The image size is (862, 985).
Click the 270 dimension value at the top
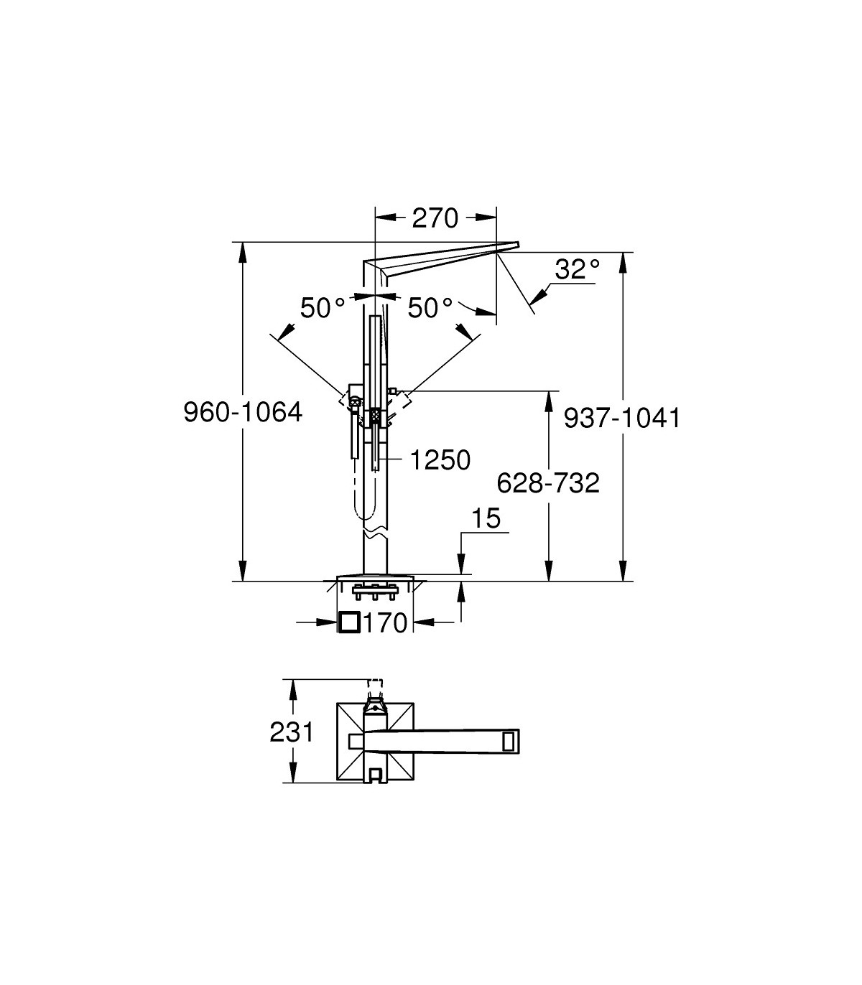pyautogui.click(x=435, y=218)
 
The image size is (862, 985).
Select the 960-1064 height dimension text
pyautogui.click(x=244, y=412)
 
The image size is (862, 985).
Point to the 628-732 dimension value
pyautogui.click(x=548, y=483)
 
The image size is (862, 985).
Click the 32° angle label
pyautogui.click(x=578, y=269)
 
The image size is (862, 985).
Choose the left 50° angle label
pyautogui.click(x=323, y=307)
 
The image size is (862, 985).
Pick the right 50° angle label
pyautogui.click(x=430, y=307)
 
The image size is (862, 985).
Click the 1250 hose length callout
pyautogui.click(x=440, y=460)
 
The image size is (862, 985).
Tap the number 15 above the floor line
pyautogui.click(x=486, y=518)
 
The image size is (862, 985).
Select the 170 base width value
pyautogui.click(x=386, y=623)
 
